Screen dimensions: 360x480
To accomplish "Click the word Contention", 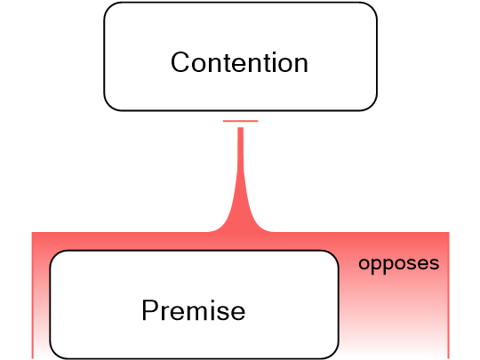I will tap(239, 63).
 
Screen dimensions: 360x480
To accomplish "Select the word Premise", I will tap(193, 311).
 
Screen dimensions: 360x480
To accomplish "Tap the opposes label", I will tap(398, 264).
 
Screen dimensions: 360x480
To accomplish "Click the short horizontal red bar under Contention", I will tap(240, 121).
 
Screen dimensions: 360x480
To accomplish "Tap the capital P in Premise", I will tap(150, 311).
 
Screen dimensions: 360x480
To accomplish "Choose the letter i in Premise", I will tap(212, 311).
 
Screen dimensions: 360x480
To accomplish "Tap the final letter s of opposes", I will tap(434, 265).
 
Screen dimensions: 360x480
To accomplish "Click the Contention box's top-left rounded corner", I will tap(110, 9).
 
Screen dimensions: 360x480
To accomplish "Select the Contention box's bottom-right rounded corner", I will tap(370, 104).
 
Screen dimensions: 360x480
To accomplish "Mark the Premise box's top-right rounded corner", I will tap(333, 256).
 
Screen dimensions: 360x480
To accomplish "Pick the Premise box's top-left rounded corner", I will tap(55, 256).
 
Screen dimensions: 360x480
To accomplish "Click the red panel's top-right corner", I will tap(447, 235).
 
